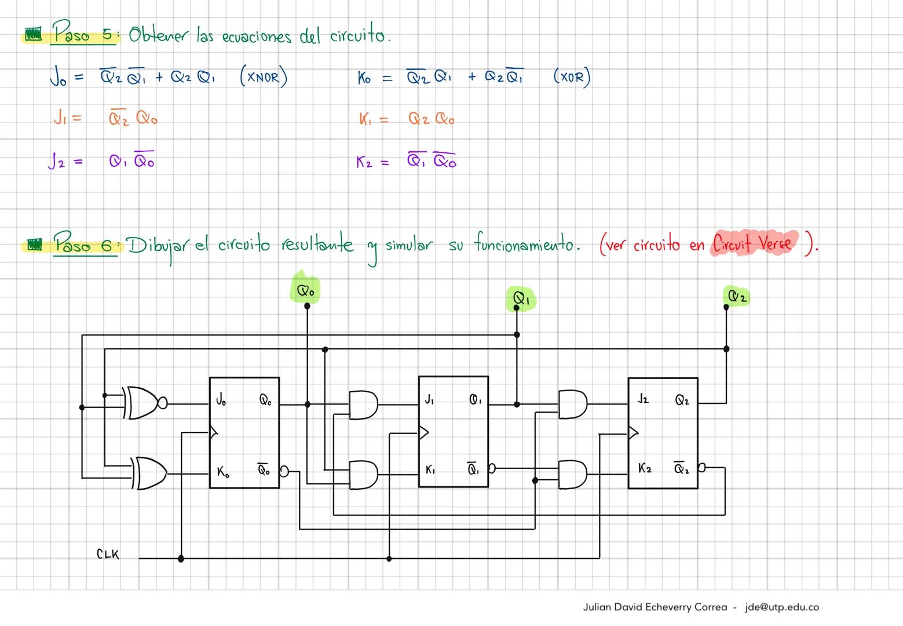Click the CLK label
[x=108, y=555]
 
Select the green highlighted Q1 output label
[x=521, y=299]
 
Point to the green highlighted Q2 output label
[x=737, y=297]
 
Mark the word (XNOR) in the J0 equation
[x=264, y=77]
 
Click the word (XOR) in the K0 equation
[x=572, y=77]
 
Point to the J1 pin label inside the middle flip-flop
[x=429, y=399]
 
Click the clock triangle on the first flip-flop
[x=213, y=432]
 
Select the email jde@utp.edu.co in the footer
[x=782, y=607]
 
